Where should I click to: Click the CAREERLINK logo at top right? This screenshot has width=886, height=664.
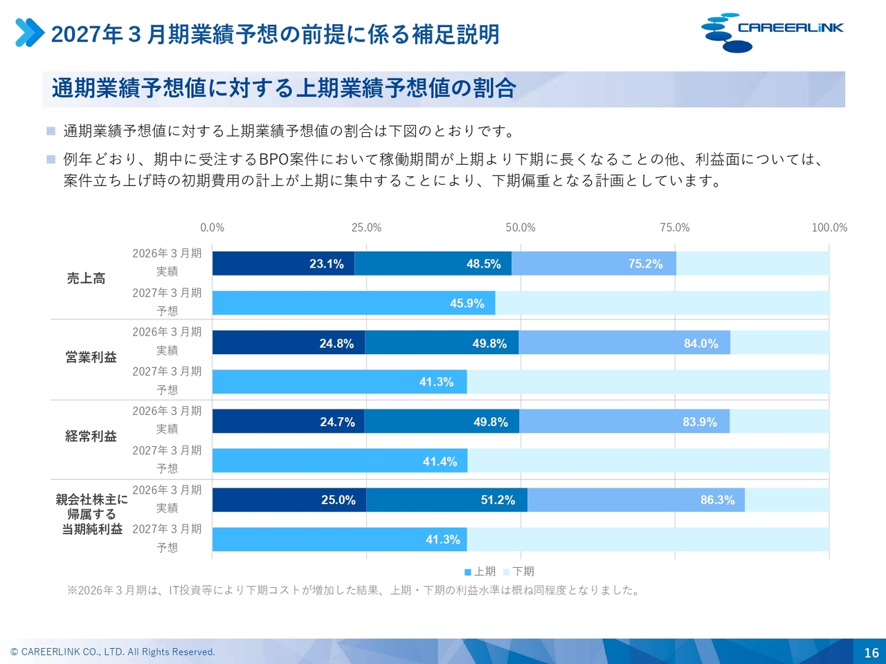772,33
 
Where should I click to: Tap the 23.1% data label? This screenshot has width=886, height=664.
327,264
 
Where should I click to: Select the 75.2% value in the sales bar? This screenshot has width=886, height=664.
645,264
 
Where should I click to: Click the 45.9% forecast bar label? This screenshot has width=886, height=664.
467,304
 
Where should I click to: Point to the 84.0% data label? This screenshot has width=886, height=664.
701,344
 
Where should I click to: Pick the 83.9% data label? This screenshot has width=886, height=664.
700,422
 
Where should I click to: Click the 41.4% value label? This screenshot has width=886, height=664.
440,461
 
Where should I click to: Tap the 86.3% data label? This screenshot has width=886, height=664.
718,500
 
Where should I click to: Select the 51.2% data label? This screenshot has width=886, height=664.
498,500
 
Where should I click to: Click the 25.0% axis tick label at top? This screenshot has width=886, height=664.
366,228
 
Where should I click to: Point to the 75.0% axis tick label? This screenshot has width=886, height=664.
675,228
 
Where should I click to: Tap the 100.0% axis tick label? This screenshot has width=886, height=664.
829,228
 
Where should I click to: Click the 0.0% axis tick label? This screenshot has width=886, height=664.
213,228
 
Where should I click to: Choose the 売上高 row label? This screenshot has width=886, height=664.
86,278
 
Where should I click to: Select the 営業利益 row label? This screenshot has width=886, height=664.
91,357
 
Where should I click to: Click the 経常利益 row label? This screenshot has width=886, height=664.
91,436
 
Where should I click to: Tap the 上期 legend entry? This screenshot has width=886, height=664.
480,572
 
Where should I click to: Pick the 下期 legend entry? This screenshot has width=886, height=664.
518,572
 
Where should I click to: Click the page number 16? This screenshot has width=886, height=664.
871,653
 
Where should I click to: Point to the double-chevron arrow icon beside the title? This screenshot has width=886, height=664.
30,33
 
